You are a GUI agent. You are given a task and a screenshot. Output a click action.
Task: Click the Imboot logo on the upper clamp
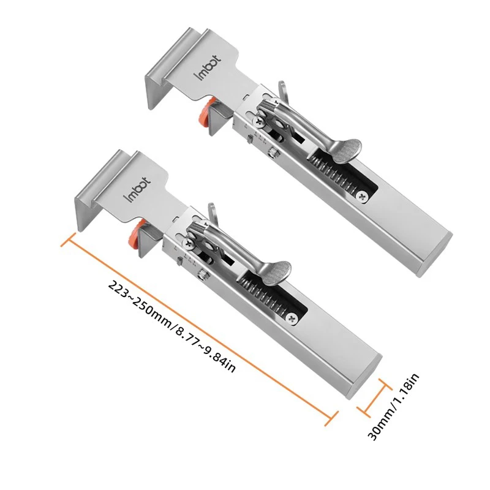click(x=208, y=67)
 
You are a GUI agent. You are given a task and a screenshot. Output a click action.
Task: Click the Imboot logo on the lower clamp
click(x=137, y=189)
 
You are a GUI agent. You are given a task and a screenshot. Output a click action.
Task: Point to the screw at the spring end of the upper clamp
click(x=364, y=197)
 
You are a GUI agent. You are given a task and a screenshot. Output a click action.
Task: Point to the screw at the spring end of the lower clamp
click(x=293, y=318)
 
